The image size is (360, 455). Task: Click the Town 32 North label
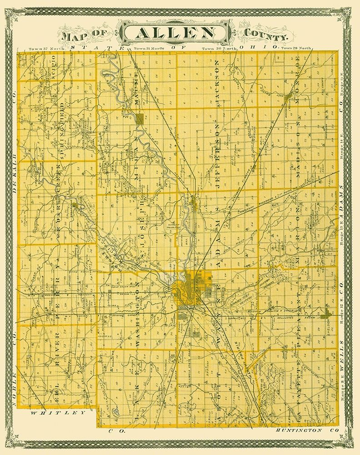tap(43, 48)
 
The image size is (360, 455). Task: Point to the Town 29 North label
tap(296, 48)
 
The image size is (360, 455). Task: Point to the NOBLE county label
tap(14, 382)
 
